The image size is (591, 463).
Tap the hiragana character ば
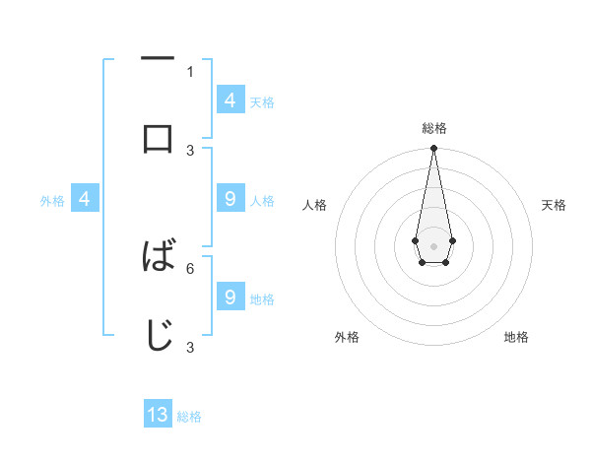[158, 256]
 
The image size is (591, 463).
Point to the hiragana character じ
[158, 335]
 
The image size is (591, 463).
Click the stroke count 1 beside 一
[190, 71]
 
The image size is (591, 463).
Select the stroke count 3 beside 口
[190, 150]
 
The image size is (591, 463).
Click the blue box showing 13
[158, 415]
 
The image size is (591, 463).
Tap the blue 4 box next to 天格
[230, 100]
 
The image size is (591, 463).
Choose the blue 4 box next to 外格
[86, 200]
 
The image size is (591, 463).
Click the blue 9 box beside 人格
[230, 199]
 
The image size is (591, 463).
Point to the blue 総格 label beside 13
[189, 417]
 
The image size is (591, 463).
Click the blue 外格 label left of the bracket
[52, 201]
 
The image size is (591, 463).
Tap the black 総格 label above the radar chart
[433, 128]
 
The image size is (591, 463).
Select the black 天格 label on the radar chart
[554, 205]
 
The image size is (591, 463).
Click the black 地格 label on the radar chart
[516, 337]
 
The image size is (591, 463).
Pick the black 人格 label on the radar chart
[315, 205]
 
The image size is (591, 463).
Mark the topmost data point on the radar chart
[433, 149]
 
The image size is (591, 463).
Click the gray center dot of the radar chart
[433, 244]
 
